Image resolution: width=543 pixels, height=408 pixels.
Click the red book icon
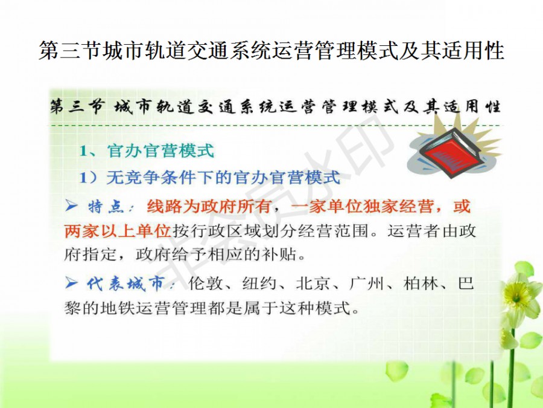[x=450, y=151]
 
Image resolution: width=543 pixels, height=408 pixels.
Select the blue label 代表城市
[x=125, y=283]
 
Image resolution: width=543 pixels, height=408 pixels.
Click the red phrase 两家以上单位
[x=118, y=231]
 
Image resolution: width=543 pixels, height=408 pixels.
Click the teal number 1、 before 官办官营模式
[x=89, y=151]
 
